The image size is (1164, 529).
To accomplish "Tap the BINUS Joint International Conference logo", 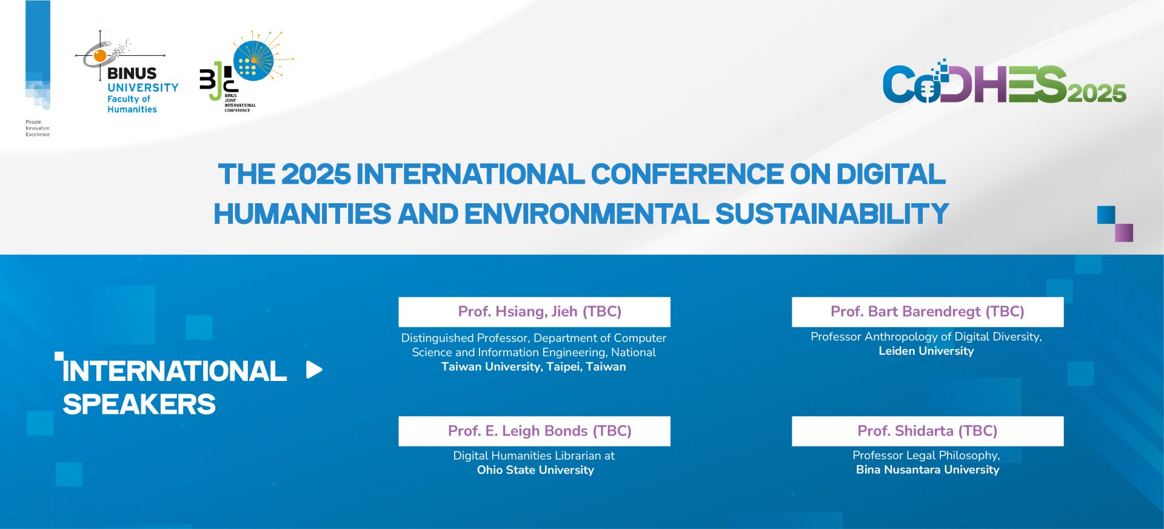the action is click(247, 71).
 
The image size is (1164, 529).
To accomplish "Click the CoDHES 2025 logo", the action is click(1004, 83).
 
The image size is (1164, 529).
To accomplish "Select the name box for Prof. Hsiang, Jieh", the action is click(534, 312).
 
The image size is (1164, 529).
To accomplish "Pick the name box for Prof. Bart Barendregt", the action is click(928, 312).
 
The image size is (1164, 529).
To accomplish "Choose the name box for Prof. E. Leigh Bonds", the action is click(534, 431).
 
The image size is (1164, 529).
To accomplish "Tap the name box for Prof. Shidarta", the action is click(928, 431).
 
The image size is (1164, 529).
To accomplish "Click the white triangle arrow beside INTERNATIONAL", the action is click(313, 369).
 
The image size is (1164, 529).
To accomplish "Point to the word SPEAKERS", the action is click(139, 405).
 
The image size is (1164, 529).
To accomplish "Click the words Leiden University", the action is click(926, 351).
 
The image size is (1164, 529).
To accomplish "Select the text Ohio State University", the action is click(535, 470).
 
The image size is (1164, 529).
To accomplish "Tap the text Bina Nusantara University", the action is click(928, 470).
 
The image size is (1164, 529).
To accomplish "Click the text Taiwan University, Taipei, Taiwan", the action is click(533, 367).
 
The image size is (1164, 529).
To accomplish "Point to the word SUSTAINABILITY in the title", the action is click(832, 214).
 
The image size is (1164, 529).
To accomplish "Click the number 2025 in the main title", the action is click(316, 174).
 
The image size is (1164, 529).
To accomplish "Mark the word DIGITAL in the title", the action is click(891, 174).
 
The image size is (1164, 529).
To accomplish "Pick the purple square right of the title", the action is click(1123, 233).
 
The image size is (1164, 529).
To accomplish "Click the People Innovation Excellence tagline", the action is click(38, 128).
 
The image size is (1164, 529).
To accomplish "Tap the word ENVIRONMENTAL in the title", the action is click(586, 214).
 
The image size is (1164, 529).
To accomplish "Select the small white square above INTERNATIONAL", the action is click(59, 356).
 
